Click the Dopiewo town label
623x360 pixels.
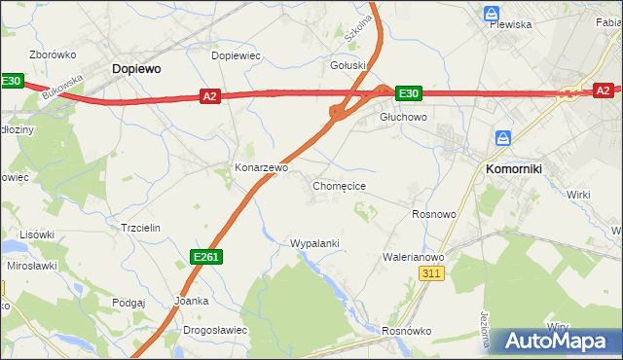pos(136,69)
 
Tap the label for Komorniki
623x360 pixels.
pos(513,168)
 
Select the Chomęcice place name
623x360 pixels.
pos(339,185)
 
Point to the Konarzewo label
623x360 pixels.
pos(262,167)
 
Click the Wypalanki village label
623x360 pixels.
pos(314,242)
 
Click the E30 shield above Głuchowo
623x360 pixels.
pos(409,93)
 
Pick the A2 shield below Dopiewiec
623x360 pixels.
pos(211,95)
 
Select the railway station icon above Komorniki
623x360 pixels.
pos(502,138)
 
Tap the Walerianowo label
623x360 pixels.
pos(413,257)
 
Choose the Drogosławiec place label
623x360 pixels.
pos(215,330)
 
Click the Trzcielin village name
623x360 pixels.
pos(140,227)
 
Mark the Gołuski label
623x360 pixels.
pos(348,66)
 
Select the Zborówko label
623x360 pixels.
pos(53,54)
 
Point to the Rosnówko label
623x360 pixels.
pos(407,330)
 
